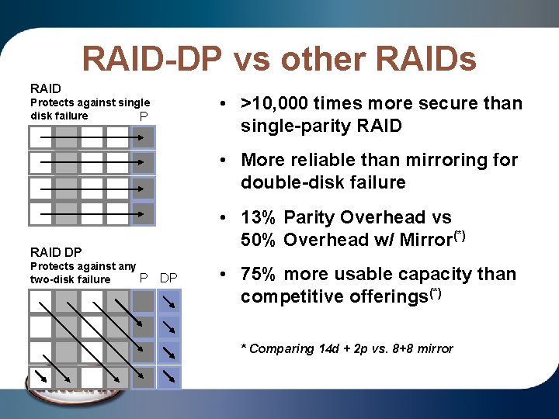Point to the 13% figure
point(259,217)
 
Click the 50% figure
point(259,240)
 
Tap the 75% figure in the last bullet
point(259,274)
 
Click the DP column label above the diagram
point(168,278)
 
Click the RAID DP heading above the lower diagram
point(56,251)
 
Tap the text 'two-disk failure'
point(70,279)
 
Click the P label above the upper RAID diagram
point(143,116)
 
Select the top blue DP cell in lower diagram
point(168,301)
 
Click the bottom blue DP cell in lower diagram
point(168,377)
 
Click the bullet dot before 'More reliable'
point(222,161)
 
